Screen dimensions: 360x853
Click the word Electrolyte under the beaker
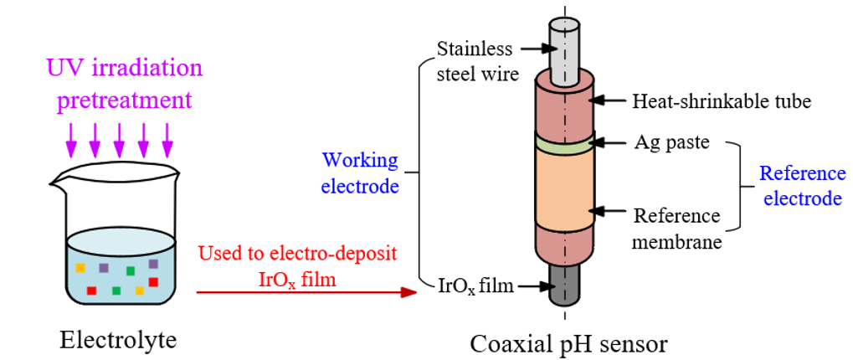point(119,340)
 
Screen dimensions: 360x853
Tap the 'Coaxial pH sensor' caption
point(568,343)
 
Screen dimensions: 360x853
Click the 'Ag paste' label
point(671,142)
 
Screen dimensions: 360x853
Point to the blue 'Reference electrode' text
point(802,187)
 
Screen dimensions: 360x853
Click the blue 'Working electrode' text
point(360,173)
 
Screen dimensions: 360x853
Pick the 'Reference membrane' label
point(676,229)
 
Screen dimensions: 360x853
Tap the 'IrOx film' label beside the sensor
point(472,286)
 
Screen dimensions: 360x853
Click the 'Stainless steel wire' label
point(478,61)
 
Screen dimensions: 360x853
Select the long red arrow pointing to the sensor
point(306,292)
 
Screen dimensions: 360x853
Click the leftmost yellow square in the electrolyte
point(80,268)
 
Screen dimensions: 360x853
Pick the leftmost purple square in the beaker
point(103,268)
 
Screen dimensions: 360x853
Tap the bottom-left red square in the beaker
point(91,291)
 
